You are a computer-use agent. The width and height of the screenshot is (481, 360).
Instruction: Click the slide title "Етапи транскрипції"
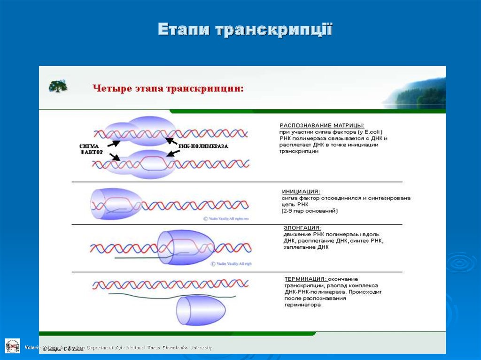[x=245, y=30]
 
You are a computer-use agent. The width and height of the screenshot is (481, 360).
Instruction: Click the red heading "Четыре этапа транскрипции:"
[x=168, y=88]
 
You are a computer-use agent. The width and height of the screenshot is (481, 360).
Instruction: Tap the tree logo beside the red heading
[x=58, y=86]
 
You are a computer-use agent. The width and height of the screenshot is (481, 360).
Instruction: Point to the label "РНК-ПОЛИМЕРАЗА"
[x=203, y=146]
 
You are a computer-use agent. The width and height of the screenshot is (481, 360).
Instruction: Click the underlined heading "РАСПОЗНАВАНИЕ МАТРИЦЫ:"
[x=322, y=125]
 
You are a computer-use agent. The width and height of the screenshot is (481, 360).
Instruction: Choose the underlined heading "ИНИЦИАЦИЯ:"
[x=301, y=191]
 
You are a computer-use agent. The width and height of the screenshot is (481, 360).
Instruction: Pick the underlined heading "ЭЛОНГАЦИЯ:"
[x=302, y=228]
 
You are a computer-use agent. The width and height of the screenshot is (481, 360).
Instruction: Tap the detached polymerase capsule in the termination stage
[x=201, y=310]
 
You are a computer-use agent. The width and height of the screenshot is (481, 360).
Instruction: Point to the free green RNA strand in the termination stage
[x=171, y=296]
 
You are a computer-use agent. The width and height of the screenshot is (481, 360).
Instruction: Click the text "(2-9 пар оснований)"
[x=310, y=211]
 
